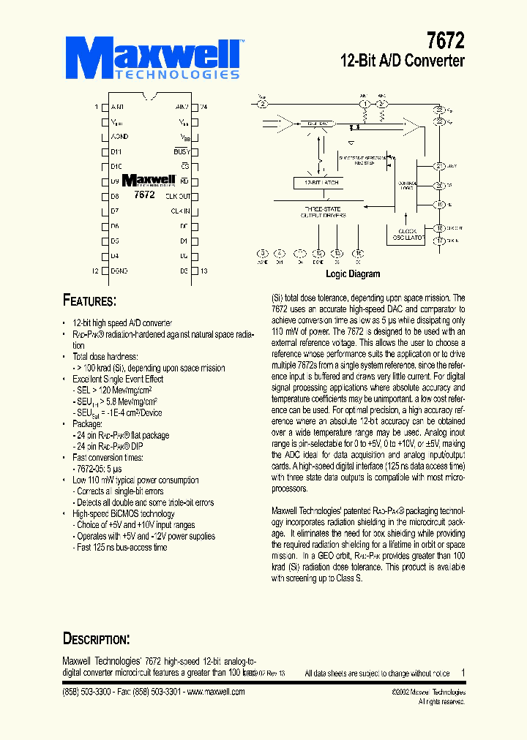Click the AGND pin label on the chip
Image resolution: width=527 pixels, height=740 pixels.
click(120, 137)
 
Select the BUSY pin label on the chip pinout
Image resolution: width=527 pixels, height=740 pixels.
click(181, 151)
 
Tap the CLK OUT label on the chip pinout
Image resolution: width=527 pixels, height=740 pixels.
click(177, 196)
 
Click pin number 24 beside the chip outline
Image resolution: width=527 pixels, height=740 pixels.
click(203, 107)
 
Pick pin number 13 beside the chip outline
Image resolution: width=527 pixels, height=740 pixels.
click(203, 271)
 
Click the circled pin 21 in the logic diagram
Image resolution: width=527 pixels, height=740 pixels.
click(439, 166)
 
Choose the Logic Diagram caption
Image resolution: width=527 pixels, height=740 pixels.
click(353, 274)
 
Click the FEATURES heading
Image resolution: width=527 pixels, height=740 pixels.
click(89, 301)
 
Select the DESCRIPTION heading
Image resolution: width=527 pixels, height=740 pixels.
click(96, 639)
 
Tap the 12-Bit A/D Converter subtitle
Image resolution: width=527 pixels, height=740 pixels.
click(403, 61)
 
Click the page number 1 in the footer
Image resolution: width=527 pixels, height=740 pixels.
click(463, 673)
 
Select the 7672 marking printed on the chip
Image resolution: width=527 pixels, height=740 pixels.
click(145, 195)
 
